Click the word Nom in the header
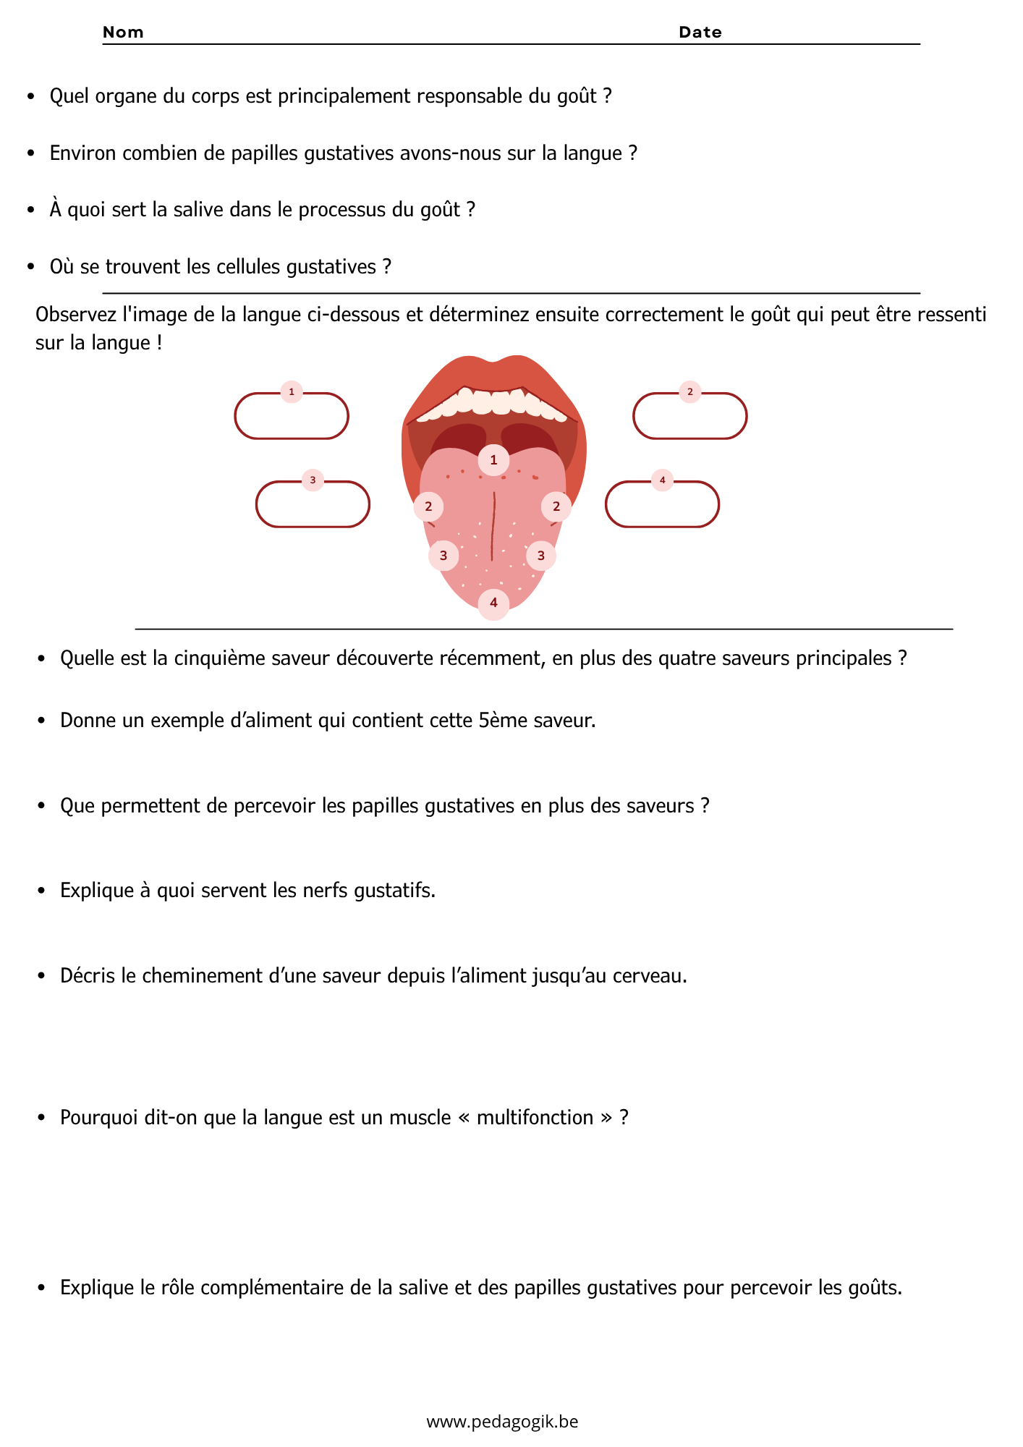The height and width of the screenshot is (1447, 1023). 123,32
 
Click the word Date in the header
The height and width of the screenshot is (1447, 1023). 700,32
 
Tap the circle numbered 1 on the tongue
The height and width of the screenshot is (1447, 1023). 493,460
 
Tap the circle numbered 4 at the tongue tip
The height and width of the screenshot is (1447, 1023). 493,603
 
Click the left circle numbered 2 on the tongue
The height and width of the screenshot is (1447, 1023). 428,506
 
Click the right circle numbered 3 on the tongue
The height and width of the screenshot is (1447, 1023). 540,556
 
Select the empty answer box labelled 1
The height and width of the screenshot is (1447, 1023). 292,417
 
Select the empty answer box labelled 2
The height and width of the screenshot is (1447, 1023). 689,417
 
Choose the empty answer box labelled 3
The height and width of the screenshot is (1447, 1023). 313,505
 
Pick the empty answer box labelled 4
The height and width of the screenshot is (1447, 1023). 662,505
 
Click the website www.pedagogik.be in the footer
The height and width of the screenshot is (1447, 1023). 502,1422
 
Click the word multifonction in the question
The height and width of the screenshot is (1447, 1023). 535,1117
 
